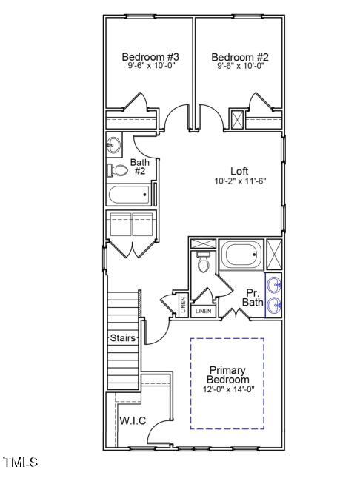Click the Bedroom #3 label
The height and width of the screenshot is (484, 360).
pyautogui.click(x=150, y=56)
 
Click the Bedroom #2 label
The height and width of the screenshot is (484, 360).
pyautogui.click(x=239, y=56)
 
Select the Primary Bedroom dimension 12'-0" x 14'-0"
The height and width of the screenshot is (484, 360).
pyautogui.click(x=227, y=389)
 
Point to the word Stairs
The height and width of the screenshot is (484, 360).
pyautogui.click(x=123, y=338)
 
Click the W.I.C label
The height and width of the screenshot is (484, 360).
pyautogui.click(x=133, y=421)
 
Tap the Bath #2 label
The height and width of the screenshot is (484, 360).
pyautogui.click(x=139, y=167)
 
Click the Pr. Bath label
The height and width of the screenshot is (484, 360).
pyautogui.click(x=252, y=297)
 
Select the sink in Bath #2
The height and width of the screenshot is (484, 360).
pyautogui.click(x=113, y=145)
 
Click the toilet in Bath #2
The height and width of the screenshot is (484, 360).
pyautogui.click(x=116, y=170)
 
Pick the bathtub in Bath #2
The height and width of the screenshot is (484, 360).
pyautogui.click(x=130, y=195)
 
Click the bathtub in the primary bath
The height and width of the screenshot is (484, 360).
pyautogui.click(x=241, y=256)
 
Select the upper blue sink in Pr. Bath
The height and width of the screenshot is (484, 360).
pyautogui.click(x=275, y=283)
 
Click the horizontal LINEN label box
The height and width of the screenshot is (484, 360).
pyautogui.click(x=204, y=312)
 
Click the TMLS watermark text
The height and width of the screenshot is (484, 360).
pyautogui.click(x=20, y=463)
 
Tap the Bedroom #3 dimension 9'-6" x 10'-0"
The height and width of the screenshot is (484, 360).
pyautogui.click(x=150, y=66)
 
